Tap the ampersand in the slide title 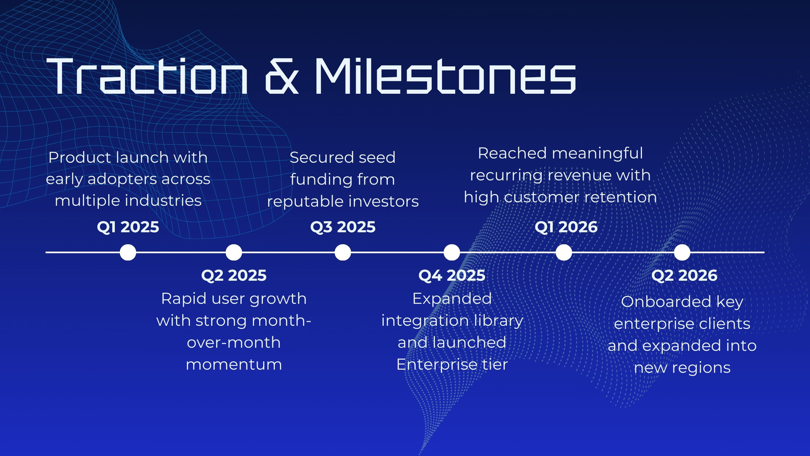[x=282, y=76]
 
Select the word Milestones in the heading [x=445, y=76]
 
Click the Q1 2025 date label [x=128, y=227]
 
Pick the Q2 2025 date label [x=233, y=276]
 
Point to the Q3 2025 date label [x=343, y=227]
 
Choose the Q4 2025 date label [x=452, y=276]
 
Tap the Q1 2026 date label [x=566, y=227]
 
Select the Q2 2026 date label [x=684, y=276]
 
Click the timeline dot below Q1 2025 [x=128, y=252]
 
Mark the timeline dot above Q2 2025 [x=233, y=252]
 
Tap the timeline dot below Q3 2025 [x=343, y=252]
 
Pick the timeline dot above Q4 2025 [x=452, y=252]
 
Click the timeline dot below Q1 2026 [x=564, y=252]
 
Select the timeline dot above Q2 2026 [x=682, y=252]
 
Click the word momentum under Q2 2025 [x=233, y=364]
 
